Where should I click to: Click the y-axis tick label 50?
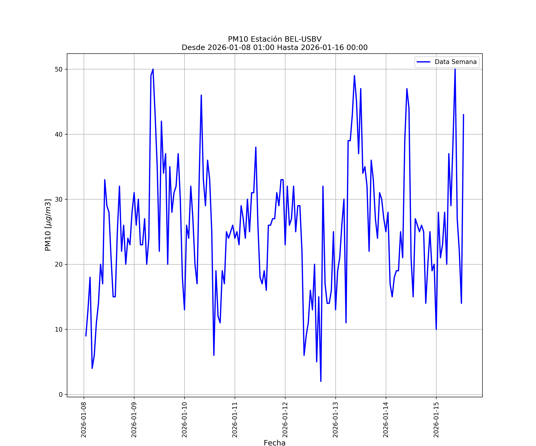coord(59,69)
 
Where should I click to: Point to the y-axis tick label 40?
coord(59,134)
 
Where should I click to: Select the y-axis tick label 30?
coord(59,199)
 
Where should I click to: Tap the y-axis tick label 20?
coord(59,264)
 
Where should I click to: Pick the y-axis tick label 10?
coord(59,329)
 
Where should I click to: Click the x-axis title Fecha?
coord(274,443)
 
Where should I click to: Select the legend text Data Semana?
coord(456,62)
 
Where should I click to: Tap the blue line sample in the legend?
coord(423,62)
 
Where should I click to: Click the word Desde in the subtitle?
coord(193,47)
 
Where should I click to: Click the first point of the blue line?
coord(86,336)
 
